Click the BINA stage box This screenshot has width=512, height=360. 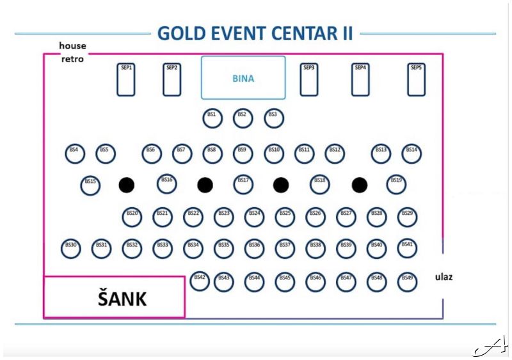coord(243,78)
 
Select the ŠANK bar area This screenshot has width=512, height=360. coord(114,297)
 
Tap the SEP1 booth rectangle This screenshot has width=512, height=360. coord(126,79)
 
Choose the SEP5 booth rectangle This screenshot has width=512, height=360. coord(417,79)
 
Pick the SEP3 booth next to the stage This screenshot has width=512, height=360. coord(309,79)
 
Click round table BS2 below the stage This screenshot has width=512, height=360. coord(243,118)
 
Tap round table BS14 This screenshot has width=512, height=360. coord(412,153)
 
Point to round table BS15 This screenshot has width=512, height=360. coord(91,185)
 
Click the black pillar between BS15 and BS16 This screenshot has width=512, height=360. coord(127,185)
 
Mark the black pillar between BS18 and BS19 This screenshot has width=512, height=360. coord(360,185)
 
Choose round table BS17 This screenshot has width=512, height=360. coord(243,184)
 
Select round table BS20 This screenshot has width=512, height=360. coord(132,217)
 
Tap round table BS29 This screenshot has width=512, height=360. coord(407,217)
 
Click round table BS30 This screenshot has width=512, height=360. coord(71,249)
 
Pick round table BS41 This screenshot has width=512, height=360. coord(407,248)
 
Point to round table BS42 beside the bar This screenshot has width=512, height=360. coord(200,281)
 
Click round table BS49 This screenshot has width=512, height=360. coord(407,281)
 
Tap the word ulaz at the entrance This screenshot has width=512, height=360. coord(444,278)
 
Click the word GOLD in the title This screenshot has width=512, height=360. coord(180,33)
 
